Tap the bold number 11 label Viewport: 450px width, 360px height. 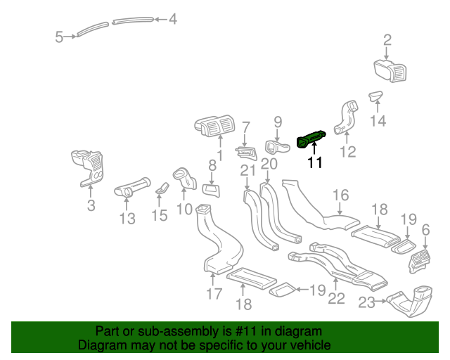(314, 163)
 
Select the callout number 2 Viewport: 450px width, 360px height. (387, 39)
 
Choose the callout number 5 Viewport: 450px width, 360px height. (60, 37)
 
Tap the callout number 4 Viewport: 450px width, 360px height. (172, 20)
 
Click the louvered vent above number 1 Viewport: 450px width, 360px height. (214, 127)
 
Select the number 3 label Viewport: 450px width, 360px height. (91, 205)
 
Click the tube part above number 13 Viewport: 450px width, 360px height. (132, 186)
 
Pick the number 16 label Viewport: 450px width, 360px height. (340, 195)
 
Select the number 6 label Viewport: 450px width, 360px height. (425, 230)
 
